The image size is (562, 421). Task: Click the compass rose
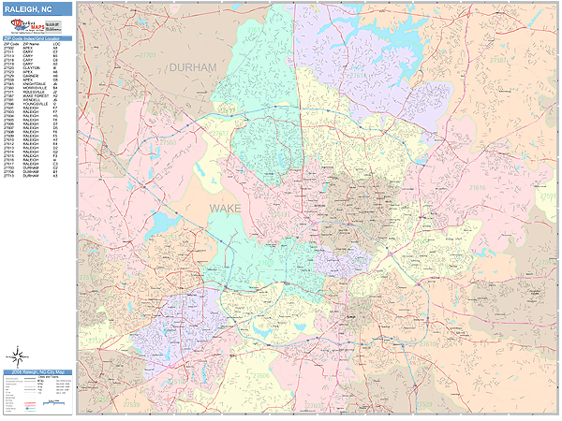click(18, 355)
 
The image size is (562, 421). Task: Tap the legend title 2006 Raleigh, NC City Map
click(36, 373)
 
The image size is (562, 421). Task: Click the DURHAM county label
click(193, 67)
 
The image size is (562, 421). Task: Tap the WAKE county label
click(225, 207)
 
